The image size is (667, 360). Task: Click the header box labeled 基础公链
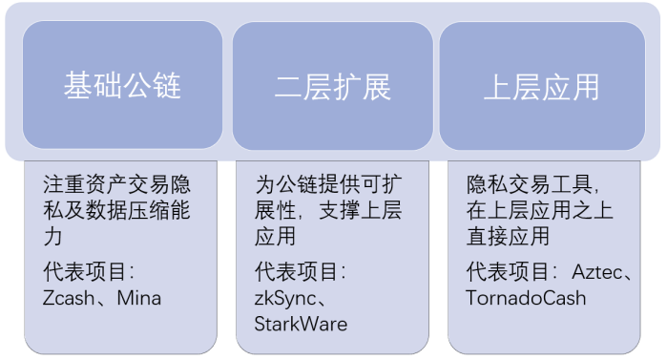pyautogui.click(x=122, y=87)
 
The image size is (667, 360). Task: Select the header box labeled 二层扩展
pyautogui.click(x=332, y=87)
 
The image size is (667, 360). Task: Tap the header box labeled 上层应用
pyautogui.click(x=542, y=87)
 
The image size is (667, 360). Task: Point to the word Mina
pyautogui.click(x=139, y=298)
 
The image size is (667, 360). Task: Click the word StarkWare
pyautogui.click(x=301, y=324)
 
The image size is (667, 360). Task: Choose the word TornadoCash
pyautogui.click(x=526, y=298)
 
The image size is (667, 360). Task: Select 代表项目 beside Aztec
pyautogui.click(x=510, y=272)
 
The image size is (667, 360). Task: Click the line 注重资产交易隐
pyautogui.click(x=116, y=184)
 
